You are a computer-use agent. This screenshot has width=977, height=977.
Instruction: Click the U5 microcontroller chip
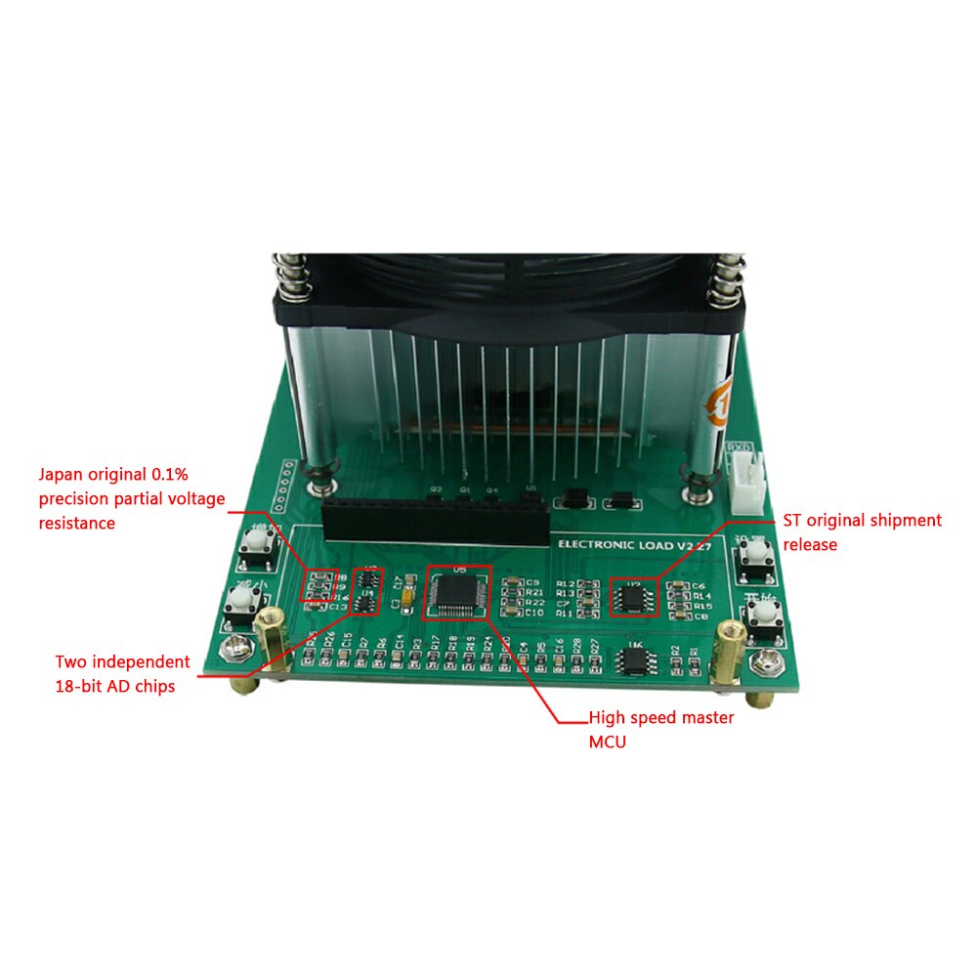pyautogui.click(x=457, y=593)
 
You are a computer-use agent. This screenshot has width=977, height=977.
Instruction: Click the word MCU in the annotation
pyautogui.click(x=606, y=742)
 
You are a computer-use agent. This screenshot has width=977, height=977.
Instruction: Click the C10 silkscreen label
pyautogui.click(x=534, y=614)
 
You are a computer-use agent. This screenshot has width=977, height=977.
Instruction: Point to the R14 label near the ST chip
pyautogui.click(x=701, y=596)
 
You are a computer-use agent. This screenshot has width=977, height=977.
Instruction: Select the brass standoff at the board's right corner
pyautogui.click(x=727, y=650)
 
